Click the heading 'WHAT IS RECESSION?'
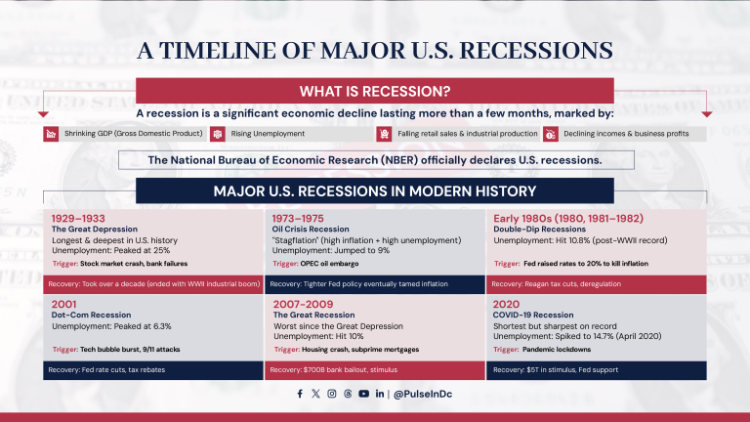tap(374, 93)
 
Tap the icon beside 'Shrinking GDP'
tap(50, 134)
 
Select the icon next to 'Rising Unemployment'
tap(218, 134)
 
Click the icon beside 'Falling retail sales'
tap(385, 134)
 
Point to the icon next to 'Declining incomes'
tap(552, 134)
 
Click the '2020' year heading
tap(508, 304)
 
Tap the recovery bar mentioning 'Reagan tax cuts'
tap(596, 284)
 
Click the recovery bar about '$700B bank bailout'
tap(375, 370)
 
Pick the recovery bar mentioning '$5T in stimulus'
tap(596, 370)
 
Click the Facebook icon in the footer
tap(300, 394)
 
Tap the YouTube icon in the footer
tap(363, 394)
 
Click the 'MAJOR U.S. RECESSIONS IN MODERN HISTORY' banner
tap(374, 190)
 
